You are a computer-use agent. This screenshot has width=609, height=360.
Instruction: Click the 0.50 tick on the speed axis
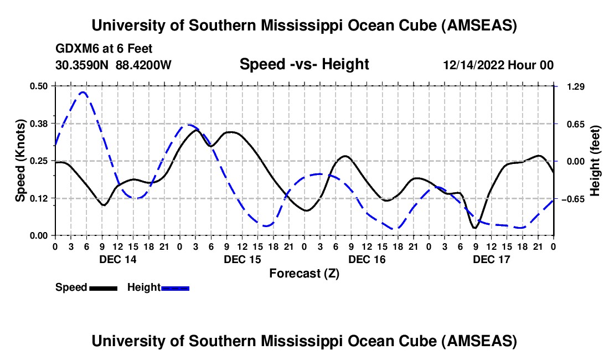(39, 86)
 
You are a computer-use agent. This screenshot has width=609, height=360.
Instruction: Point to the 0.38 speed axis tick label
(39, 123)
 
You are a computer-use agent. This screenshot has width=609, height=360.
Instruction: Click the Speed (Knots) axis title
(20, 161)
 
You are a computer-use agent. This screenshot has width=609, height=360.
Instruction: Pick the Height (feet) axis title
(595, 161)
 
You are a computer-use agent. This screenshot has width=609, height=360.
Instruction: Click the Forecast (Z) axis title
(304, 273)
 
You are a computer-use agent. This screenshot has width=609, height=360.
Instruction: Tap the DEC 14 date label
(118, 259)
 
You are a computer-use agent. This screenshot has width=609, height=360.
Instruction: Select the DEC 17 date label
(492, 259)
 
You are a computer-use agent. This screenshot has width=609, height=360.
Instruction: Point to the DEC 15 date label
(242, 259)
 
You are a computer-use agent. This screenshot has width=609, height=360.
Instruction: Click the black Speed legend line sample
(103, 288)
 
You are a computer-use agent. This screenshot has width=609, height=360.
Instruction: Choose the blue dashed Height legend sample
(175, 288)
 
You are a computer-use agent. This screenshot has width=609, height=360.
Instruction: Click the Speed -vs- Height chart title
(304, 65)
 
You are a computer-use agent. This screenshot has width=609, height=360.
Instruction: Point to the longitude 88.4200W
(143, 65)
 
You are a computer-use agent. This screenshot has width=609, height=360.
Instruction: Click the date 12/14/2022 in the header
(473, 65)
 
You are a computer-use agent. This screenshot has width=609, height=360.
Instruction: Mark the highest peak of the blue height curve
(83, 92)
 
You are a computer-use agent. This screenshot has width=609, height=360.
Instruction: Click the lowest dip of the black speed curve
(474, 228)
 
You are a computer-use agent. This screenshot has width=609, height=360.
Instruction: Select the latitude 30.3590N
(82, 65)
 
